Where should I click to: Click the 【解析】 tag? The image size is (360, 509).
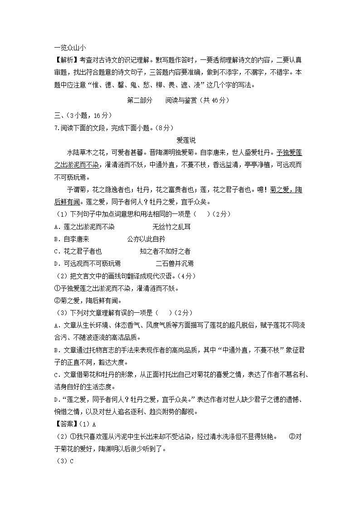point(66,60)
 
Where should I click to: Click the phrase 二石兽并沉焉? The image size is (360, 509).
point(175,263)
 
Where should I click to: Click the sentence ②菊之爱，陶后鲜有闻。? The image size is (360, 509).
point(88,300)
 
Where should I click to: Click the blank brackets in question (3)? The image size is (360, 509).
point(165,312)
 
